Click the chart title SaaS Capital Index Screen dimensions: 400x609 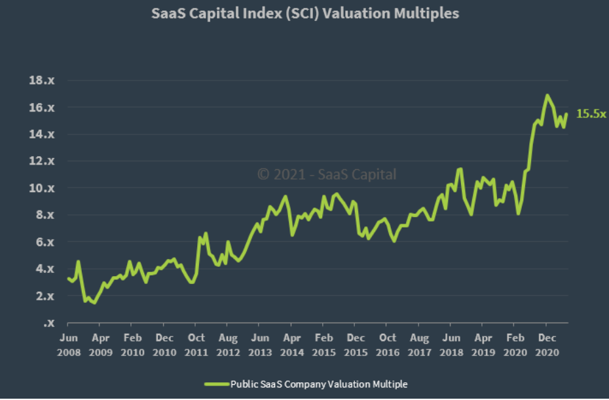point(304,13)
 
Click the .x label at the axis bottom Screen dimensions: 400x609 point(48,323)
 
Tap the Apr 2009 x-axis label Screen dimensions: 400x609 point(100,345)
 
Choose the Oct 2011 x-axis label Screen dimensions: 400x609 point(196,345)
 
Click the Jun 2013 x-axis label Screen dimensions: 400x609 point(260,345)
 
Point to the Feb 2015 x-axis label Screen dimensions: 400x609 point(323,345)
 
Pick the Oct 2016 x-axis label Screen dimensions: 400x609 point(388,345)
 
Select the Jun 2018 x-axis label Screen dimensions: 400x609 point(451,345)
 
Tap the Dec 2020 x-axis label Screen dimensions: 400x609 point(547,345)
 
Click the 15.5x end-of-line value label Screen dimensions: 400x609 point(591,114)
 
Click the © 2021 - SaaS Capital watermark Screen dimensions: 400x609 point(327,174)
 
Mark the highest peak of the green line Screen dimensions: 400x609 point(547,96)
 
